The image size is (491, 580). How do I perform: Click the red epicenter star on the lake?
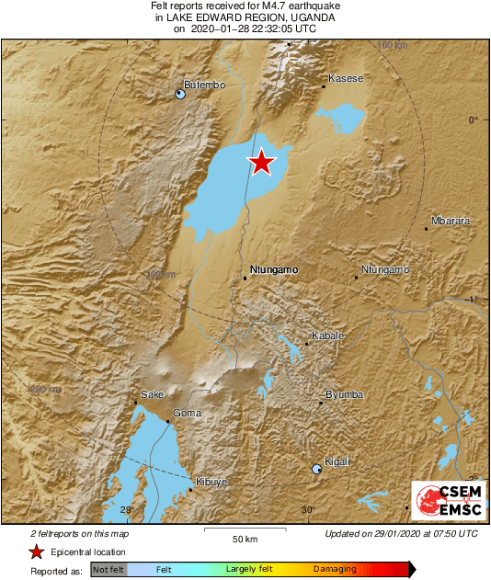pyautogui.click(x=262, y=162)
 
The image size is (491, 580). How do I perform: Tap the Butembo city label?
pyautogui.click(x=205, y=85)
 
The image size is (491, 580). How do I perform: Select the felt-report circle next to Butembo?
pyautogui.click(x=181, y=93)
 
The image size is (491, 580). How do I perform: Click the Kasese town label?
pyautogui.click(x=346, y=79)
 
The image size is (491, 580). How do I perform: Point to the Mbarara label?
pyautogui.click(x=451, y=222)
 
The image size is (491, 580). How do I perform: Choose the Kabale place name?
pyautogui.click(x=328, y=336)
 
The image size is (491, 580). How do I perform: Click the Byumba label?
pyautogui.click(x=345, y=395)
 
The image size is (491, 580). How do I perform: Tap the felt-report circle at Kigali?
pyautogui.click(x=317, y=469)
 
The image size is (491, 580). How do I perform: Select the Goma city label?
pyautogui.click(x=188, y=414)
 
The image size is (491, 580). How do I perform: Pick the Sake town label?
pyautogui.click(x=152, y=395)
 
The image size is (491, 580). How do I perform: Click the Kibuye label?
pyautogui.click(x=211, y=482)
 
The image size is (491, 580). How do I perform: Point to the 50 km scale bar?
pyautogui.click(x=245, y=531)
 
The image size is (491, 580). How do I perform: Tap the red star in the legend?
pyautogui.click(x=36, y=552)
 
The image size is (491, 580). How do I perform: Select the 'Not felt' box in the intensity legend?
pyautogui.click(x=108, y=570)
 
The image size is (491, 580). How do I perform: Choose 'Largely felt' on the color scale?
pyautogui.click(x=252, y=570)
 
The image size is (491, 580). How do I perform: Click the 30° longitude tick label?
pyautogui.click(x=308, y=510)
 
